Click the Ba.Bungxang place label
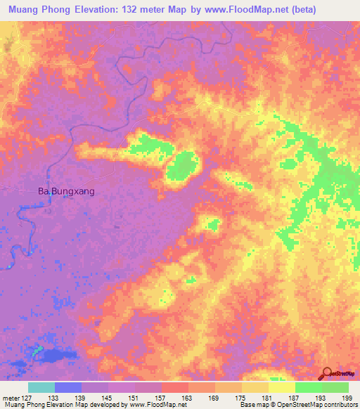click(65, 190)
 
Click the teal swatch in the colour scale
click(41, 387)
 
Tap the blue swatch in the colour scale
click(68, 387)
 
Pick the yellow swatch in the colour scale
click(281, 387)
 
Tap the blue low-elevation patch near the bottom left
click(56, 356)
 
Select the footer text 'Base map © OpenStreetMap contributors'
click(296, 405)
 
